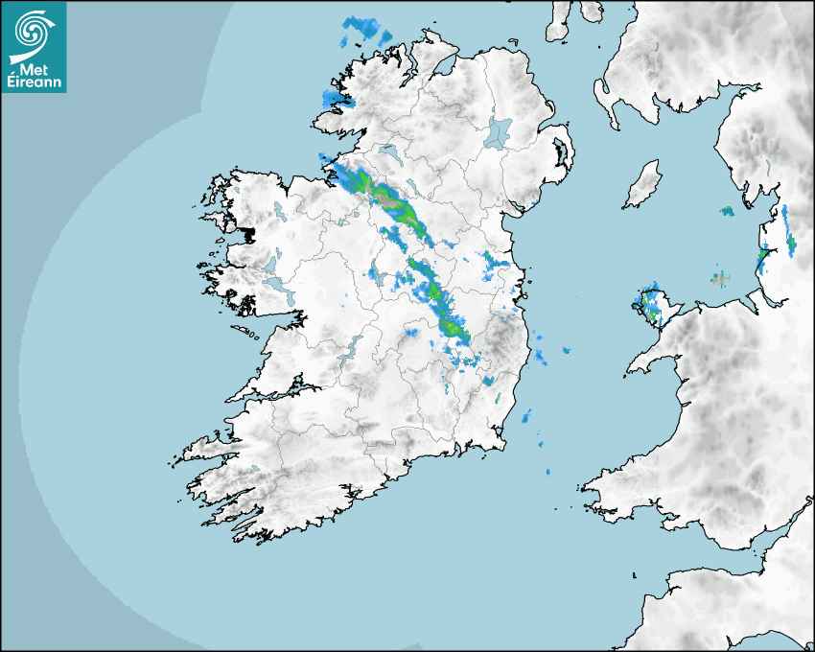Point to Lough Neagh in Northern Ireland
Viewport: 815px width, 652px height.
(499, 131)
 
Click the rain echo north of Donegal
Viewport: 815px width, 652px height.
(365, 30)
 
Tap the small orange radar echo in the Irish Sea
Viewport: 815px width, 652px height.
(719, 279)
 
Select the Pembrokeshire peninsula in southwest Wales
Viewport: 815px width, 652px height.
(614, 484)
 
